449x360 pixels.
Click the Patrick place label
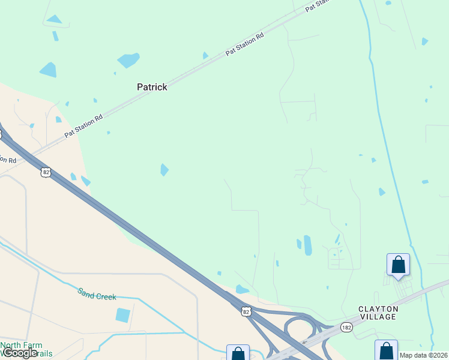(x=152, y=87)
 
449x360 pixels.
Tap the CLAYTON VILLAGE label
(x=378, y=313)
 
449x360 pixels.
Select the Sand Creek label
(x=97, y=293)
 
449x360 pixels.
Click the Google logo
(x=19, y=353)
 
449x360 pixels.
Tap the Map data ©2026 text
(x=424, y=355)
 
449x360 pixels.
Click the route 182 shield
(x=346, y=327)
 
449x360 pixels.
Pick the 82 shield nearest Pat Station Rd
(x=46, y=172)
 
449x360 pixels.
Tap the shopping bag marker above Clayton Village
(x=398, y=265)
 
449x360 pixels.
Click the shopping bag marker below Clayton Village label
(x=386, y=350)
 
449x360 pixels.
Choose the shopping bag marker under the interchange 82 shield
(x=238, y=353)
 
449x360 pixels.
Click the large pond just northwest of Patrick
(x=128, y=60)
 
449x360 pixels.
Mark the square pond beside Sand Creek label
(x=123, y=315)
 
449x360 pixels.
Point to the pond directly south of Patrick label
(x=164, y=170)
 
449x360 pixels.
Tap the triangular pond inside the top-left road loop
(x=55, y=19)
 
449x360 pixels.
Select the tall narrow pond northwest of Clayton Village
(x=308, y=245)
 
